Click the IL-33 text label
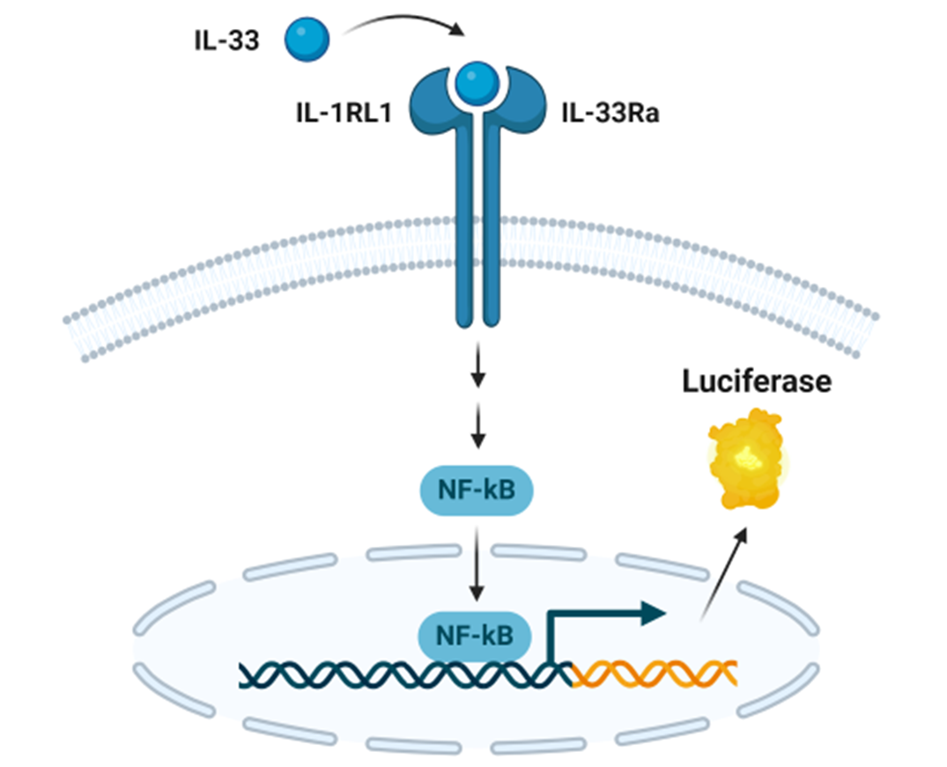point(226,41)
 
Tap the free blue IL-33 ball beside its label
point(307,40)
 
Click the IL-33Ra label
point(609,116)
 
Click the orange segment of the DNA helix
point(654,674)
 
